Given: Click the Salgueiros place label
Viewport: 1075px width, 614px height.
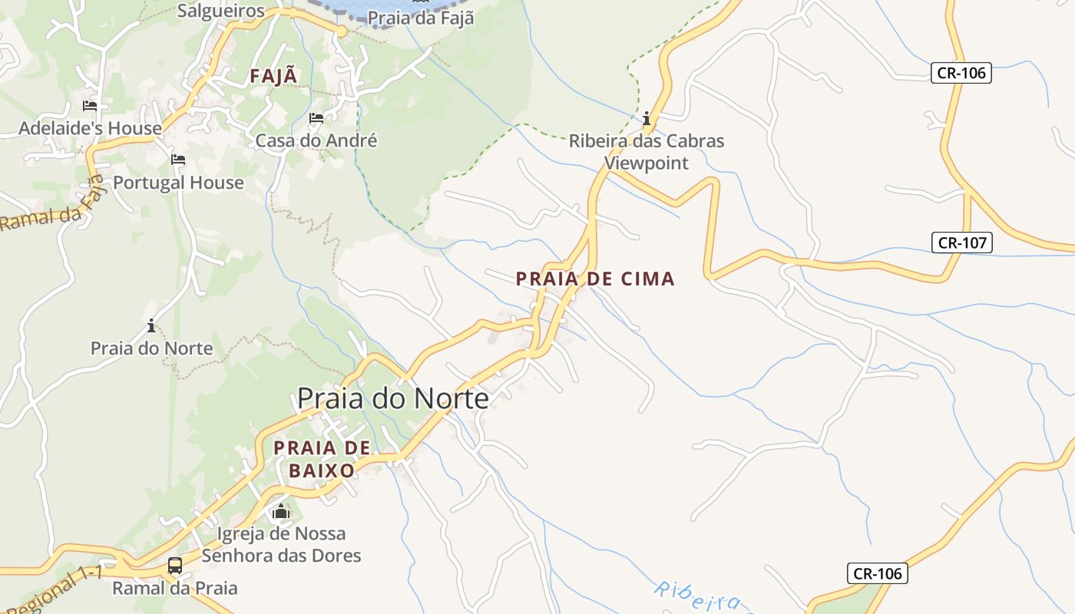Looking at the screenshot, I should click(220, 11).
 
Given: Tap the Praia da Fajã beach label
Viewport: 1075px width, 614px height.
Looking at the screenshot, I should click(420, 18).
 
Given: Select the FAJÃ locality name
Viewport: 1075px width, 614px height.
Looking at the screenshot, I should click(273, 76).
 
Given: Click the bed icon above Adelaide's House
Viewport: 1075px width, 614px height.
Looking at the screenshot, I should click(90, 105).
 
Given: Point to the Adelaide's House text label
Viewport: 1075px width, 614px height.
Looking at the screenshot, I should click(90, 128).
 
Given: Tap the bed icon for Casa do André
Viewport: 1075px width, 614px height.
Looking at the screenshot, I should click(316, 118).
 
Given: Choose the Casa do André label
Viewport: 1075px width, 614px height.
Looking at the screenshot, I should click(316, 141).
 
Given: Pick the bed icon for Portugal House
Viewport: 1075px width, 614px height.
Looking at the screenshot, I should click(178, 160).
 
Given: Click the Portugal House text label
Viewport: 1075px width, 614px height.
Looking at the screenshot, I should click(178, 183).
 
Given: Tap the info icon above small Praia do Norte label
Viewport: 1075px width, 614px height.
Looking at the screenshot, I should click(151, 326).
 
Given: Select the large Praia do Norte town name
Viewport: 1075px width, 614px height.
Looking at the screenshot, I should click(392, 398).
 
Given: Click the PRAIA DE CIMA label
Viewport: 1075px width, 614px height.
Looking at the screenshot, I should click(595, 279).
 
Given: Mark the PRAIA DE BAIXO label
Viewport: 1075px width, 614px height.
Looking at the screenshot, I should click(322, 459).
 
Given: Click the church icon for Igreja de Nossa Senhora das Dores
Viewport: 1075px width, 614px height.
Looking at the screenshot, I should click(281, 511).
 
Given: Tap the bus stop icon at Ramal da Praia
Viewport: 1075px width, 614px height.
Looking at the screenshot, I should click(175, 566).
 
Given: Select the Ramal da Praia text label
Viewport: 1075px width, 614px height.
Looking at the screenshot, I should click(175, 589).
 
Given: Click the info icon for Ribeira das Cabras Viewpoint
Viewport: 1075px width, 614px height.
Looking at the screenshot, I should click(647, 118).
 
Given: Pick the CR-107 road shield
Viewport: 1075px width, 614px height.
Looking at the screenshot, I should click(963, 243).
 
